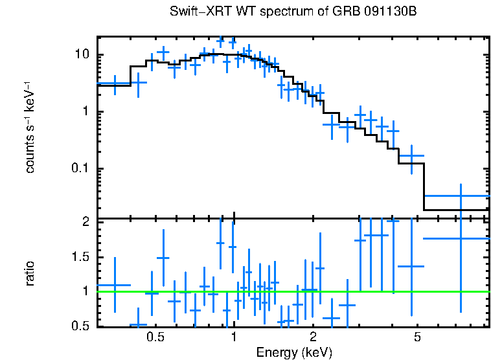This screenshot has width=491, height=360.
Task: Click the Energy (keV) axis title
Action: [294, 352]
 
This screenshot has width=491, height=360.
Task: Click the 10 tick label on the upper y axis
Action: [83, 54]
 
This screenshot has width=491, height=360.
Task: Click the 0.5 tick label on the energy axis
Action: [155, 337]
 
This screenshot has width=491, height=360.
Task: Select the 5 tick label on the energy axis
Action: [417, 337]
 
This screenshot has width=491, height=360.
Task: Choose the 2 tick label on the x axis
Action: [312, 337]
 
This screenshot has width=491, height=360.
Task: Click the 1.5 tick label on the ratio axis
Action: [82, 257]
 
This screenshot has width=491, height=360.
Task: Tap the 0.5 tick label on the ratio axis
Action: [82, 326]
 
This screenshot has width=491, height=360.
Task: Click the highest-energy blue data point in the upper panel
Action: [460, 196]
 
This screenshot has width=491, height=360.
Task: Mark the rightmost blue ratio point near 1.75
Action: [460, 238]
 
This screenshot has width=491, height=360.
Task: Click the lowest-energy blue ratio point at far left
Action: [115, 285]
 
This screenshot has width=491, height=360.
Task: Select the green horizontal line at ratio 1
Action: [291, 291]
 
